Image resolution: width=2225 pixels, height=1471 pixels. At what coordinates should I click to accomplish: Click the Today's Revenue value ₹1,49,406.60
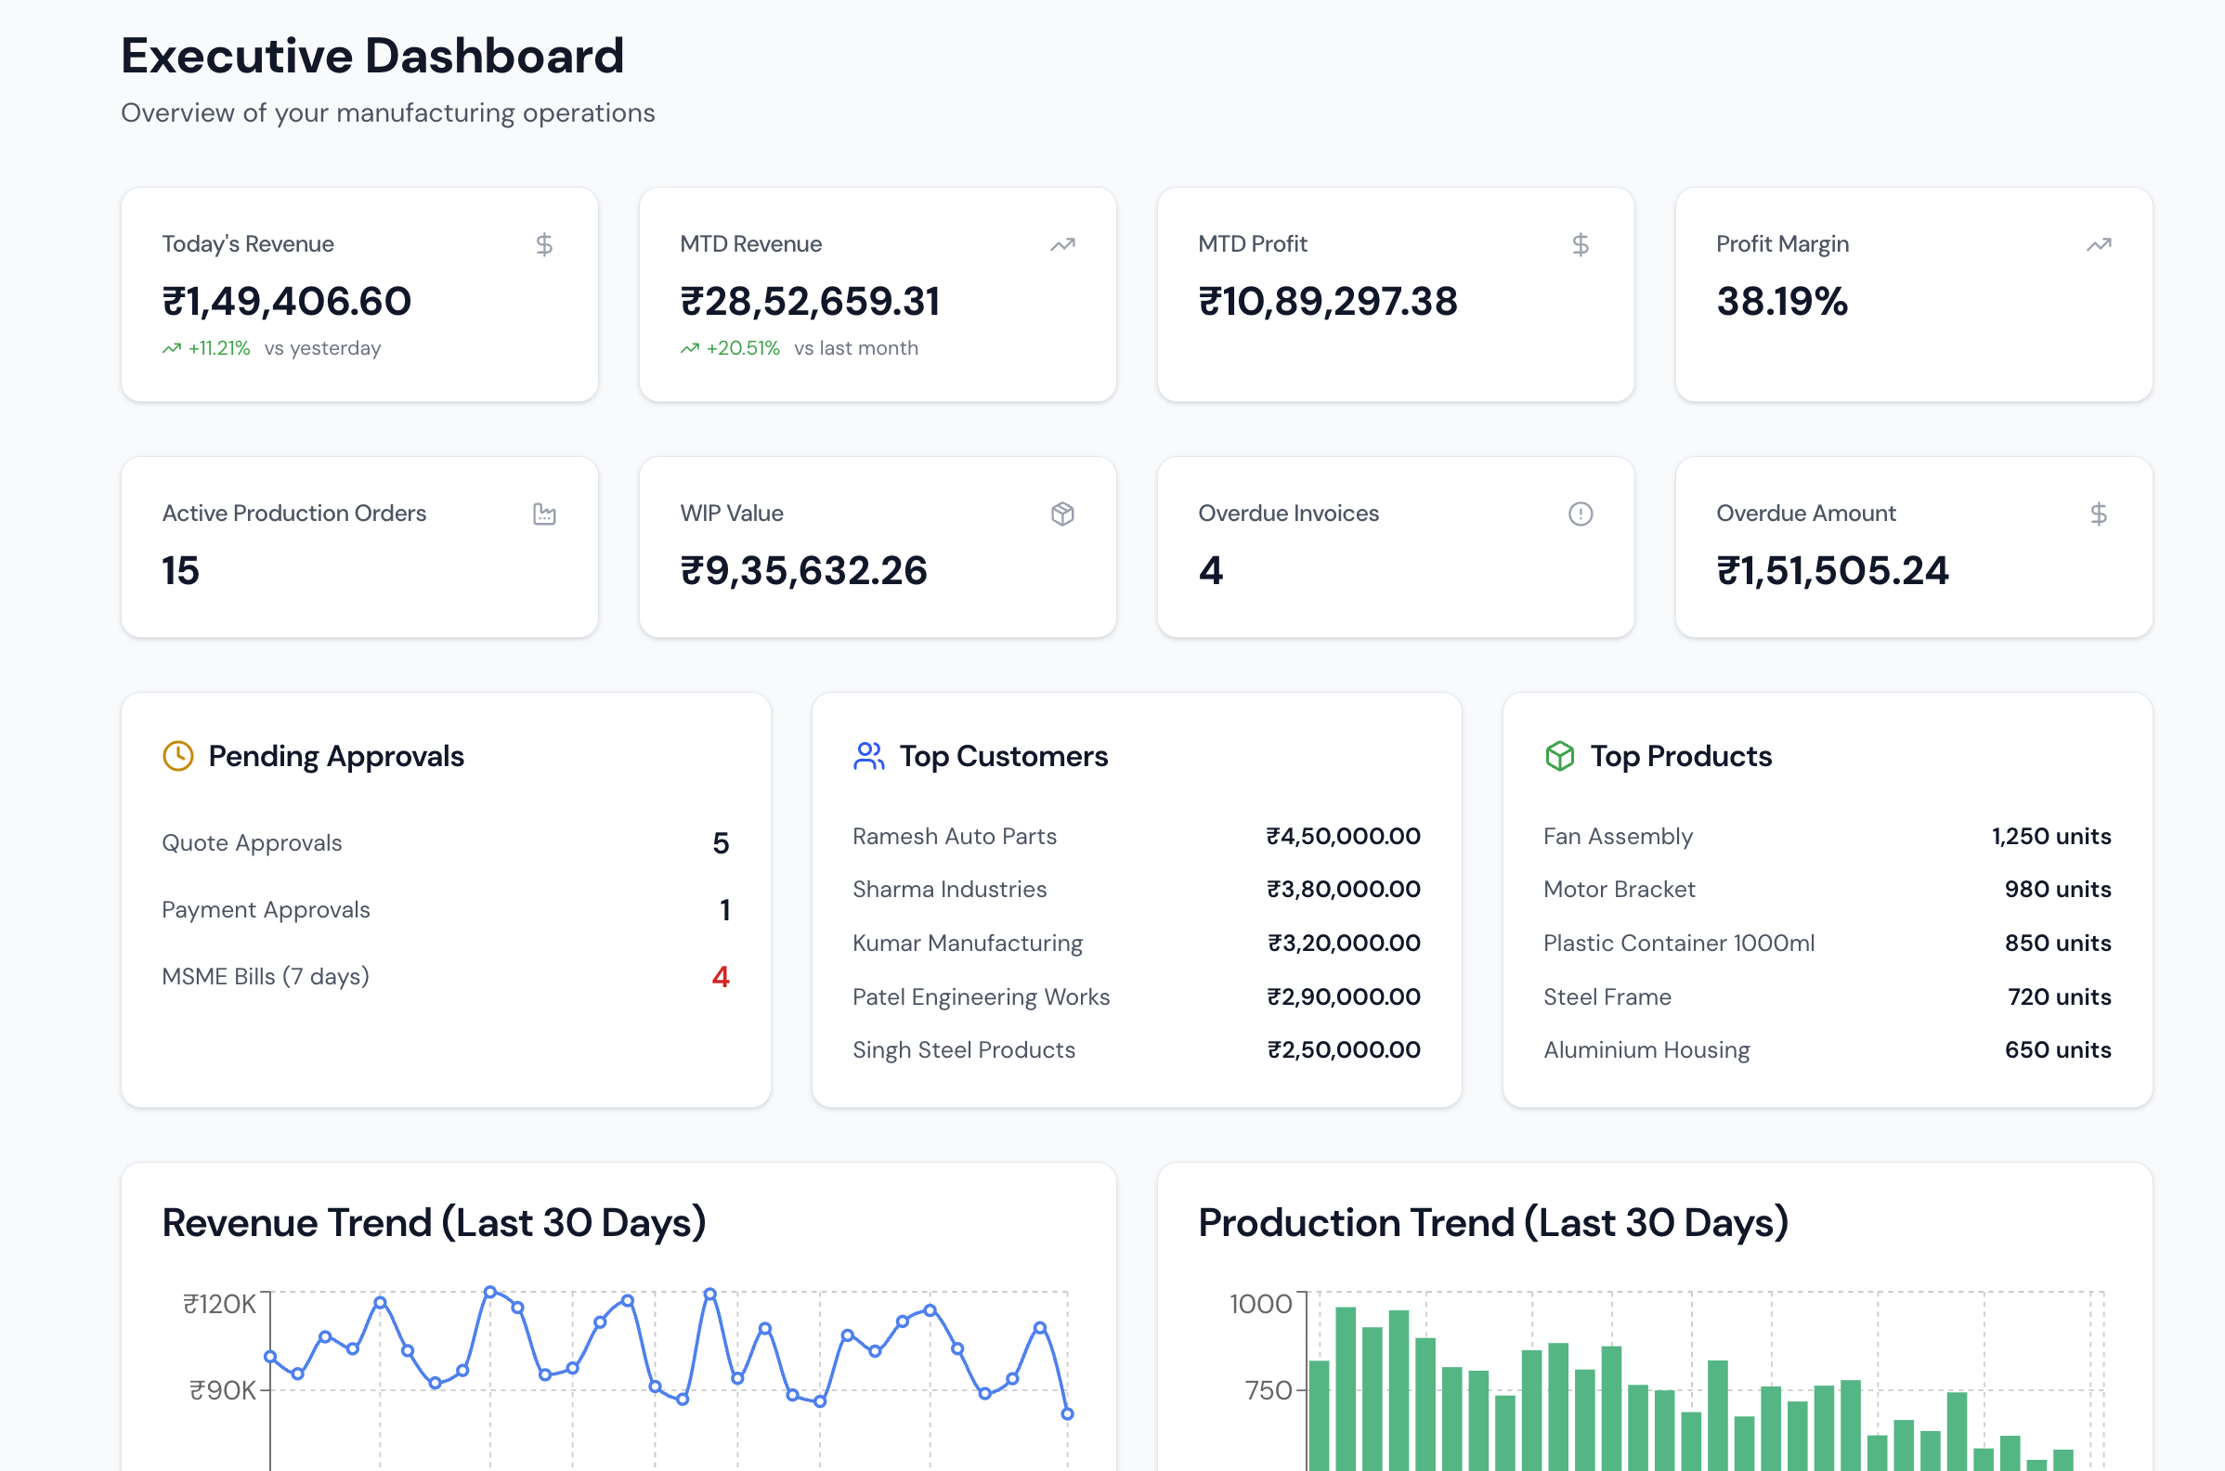(x=286, y=301)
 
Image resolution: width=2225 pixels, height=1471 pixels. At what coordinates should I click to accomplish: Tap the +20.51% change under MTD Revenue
(x=742, y=348)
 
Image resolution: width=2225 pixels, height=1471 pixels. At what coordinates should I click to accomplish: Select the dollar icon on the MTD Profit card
(x=1580, y=245)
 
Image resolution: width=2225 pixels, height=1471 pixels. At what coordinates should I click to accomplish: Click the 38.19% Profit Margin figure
(x=1781, y=301)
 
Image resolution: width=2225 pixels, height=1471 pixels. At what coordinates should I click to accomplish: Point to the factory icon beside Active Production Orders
(x=544, y=514)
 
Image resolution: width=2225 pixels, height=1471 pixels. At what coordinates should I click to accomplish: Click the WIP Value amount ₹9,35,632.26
(x=803, y=570)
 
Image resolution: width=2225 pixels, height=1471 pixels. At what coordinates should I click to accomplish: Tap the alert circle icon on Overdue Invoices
(x=1580, y=514)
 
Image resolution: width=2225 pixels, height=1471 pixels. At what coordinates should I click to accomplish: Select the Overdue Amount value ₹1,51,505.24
(x=1832, y=570)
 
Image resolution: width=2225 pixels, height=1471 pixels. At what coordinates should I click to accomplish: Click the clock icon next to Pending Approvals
(x=177, y=756)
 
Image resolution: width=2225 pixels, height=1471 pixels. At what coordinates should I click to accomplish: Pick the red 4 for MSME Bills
(x=720, y=977)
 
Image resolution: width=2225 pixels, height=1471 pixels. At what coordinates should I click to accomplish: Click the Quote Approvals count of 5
(x=720, y=842)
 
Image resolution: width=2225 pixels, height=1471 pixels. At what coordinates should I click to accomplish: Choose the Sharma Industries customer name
(x=948, y=890)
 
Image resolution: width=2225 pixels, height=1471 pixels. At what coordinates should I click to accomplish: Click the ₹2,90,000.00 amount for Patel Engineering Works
(x=1342, y=996)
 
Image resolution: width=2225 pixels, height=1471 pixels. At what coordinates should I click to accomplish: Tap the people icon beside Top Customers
(x=868, y=756)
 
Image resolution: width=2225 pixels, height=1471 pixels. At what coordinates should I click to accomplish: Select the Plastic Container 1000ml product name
(x=1678, y=943)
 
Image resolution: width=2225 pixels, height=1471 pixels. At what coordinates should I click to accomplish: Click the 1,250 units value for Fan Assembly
(x=2050, y=836)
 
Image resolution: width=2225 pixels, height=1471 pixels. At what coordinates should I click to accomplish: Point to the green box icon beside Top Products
(x=1559, y=756)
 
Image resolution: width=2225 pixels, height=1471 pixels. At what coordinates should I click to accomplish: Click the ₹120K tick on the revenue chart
(x=219, y=1304)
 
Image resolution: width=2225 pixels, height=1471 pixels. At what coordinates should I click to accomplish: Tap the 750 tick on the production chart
(x=1269, y=1390)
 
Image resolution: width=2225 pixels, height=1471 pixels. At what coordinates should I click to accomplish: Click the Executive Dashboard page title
(x=372, y=56)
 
